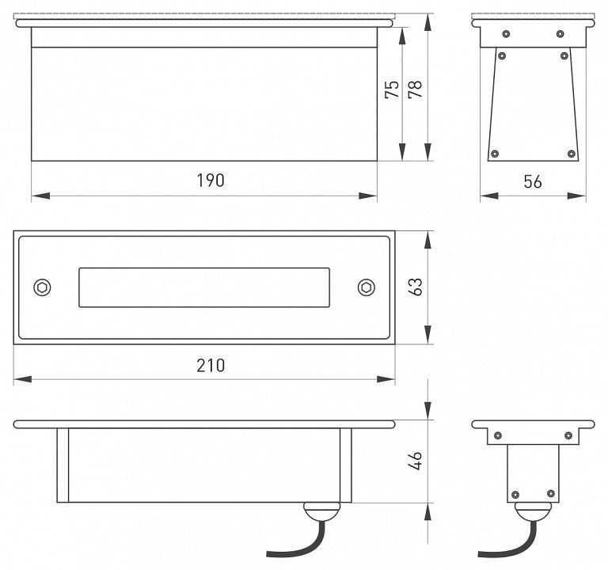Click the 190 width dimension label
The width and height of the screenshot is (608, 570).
pos(211,180)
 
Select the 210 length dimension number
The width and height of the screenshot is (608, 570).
pos(211,366)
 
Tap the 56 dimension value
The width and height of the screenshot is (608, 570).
pos(533,182)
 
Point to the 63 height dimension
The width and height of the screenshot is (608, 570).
pos(416,287)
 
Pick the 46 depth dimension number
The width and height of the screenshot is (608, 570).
pos(416,460)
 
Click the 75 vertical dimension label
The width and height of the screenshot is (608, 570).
pos(392,89)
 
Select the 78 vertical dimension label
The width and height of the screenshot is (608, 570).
pos(416,89)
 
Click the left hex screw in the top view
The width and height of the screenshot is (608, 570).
pos(42,287)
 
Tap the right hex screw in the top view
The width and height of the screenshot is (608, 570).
pos(366,287)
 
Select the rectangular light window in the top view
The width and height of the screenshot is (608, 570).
pos(204,287)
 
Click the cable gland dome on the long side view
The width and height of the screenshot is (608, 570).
pos(321,511)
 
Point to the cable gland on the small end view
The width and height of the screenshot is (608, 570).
pos(533,511)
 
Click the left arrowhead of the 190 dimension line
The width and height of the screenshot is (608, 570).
pos(40,196)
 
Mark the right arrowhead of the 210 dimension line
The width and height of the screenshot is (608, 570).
pos(386,379)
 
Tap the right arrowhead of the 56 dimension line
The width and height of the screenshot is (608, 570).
pos(576,196)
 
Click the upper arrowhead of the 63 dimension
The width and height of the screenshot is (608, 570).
pos(427,241)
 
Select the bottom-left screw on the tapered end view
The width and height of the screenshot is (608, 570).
pos(495,154)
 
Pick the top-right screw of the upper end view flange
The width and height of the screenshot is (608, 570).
pos(560,34)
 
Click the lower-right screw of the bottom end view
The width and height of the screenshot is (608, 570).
pos(551,494)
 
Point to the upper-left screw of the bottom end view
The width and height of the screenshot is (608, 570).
pos(498,435)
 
